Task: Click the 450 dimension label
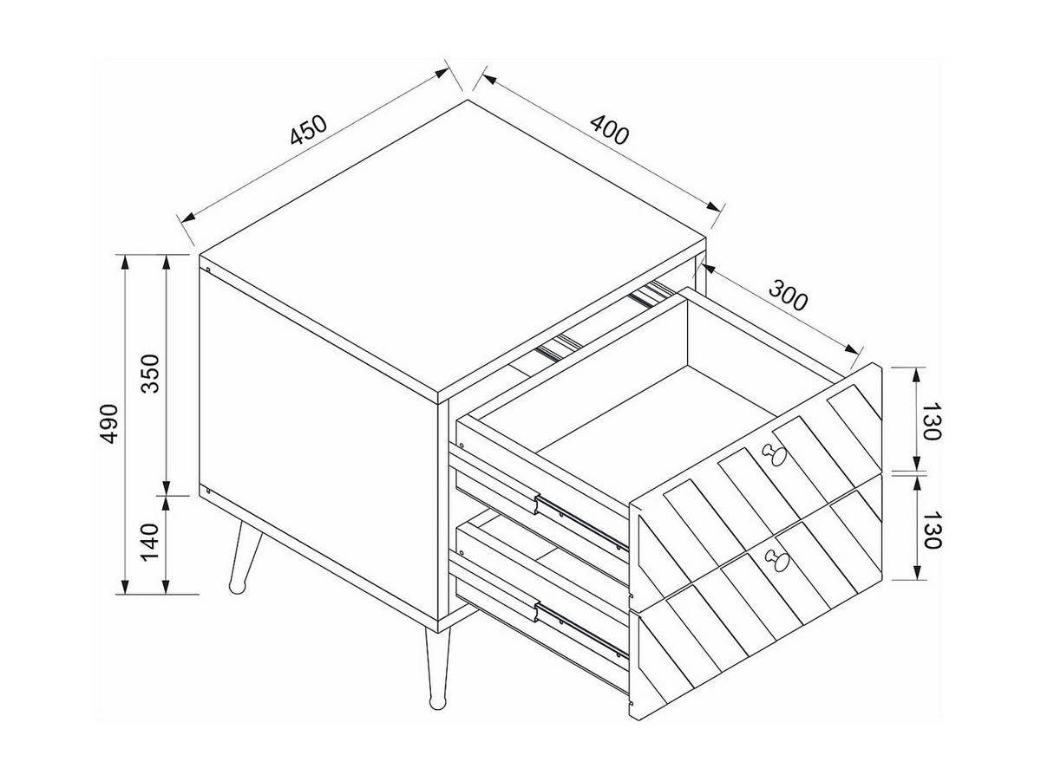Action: click(308, 129)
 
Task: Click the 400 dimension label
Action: click(610, 129)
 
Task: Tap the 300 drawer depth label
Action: click(788, 296)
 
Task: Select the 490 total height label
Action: click(108, 424)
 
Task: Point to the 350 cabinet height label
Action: click(151, 374)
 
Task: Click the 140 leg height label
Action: click(150, 542)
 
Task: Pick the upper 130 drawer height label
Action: click(932, 421)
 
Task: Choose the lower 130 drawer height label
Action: click(932, 530)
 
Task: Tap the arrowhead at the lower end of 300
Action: click(851, 349)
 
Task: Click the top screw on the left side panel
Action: click(207, 270)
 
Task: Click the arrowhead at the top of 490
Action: click(125, 262)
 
